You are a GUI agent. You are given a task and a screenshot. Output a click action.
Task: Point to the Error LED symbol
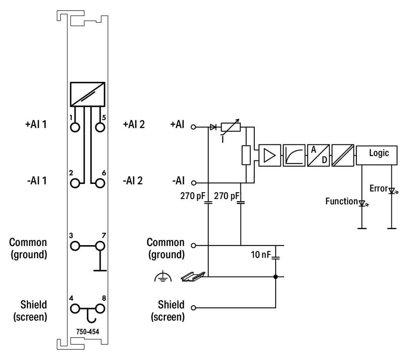[391, 191]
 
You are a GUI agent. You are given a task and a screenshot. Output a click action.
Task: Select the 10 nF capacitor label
[261, 255]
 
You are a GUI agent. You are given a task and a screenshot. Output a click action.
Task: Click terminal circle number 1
[75, 127]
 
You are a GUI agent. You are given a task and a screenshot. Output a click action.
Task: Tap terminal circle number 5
[100, 127]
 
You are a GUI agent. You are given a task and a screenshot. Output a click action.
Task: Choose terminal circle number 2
[75, 183]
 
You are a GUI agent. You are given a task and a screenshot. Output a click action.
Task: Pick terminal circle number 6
[100, 183]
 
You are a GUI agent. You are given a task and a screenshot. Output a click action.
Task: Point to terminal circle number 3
[75, 246]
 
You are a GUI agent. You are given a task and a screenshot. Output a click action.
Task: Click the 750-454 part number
[88, 331]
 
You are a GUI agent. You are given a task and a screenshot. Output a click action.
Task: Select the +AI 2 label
[133, 125]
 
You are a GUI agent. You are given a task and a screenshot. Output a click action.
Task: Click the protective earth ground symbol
[161, 278]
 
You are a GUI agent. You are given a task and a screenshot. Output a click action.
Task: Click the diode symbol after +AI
[214, 127]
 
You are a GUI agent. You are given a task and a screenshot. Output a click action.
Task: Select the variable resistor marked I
[231, 127]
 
